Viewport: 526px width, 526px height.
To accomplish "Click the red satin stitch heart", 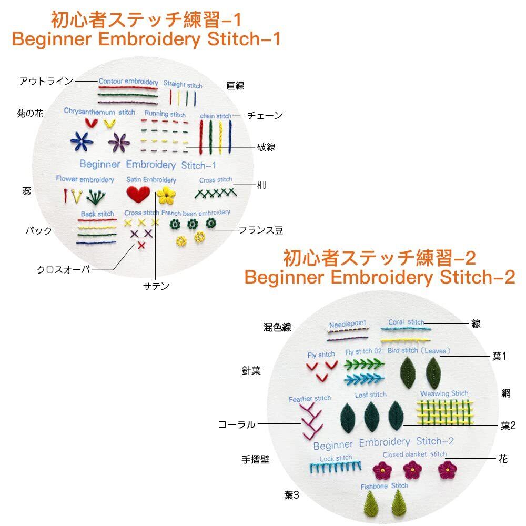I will click(x=139, y=195).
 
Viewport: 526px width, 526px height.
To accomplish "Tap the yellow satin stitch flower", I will click(x=166, y=195).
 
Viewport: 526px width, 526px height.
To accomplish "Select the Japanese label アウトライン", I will click(x=46, y=81).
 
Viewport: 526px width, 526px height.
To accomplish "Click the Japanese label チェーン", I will click(x=265, y=115).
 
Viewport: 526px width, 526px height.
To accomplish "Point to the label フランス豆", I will click(x=261, y=230).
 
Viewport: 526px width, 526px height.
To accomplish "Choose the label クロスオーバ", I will click(x=64, y=269).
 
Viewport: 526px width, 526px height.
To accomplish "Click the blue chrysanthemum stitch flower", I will click(x=81, y=140).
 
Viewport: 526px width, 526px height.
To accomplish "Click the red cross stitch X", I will click(x=141, y=245).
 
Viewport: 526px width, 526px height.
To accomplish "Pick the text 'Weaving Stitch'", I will click(x=443, y=393).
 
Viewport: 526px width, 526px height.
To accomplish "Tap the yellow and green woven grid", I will click(x=444, y=412).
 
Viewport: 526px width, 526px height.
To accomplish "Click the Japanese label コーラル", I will click(x=237, y=424).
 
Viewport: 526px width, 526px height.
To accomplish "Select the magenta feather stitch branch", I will click(x=310, y=422).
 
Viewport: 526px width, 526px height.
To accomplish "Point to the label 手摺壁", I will click(x=255, y=459).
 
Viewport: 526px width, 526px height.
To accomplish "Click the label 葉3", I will click(x=291, y=495).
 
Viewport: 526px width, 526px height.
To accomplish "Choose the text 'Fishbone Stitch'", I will click(x=384, y=486).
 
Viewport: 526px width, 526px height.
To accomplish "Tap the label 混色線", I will click(x=277, y=327).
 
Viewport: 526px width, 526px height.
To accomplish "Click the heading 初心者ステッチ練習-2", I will click(x=379, y=258).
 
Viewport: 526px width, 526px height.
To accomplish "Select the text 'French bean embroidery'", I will click(x=196, y=213).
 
